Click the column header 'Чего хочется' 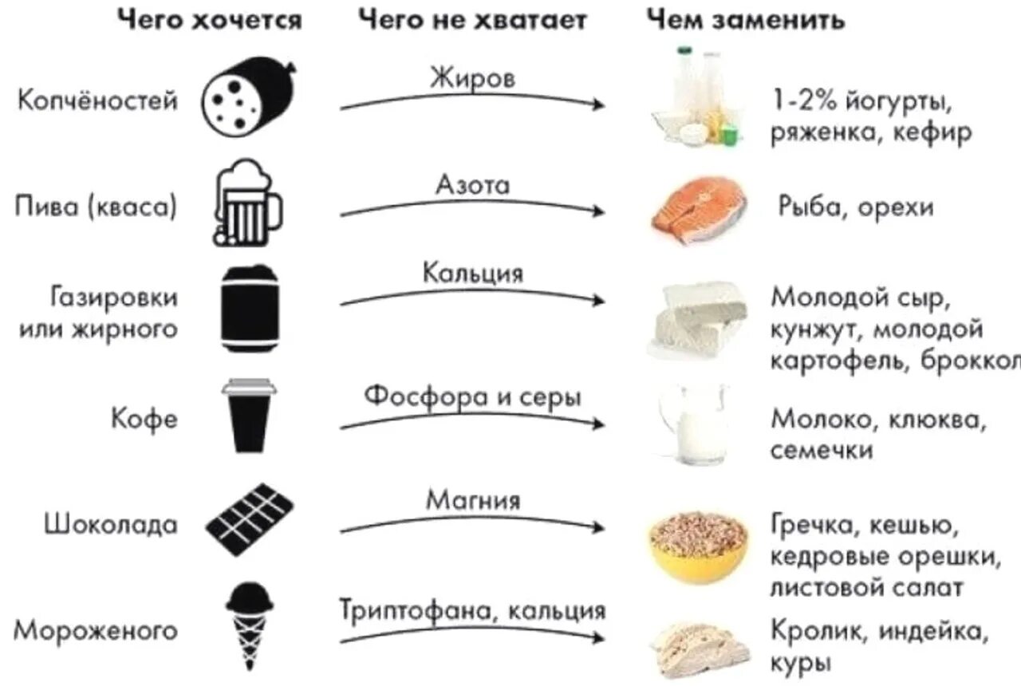(x=209, y=19)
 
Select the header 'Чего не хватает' (x=473, y=19)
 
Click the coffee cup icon (x=249, y=416)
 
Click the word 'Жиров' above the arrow (x=472, y=79)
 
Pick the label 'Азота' (x=472, y=185)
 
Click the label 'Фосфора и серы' (x=472, y=396)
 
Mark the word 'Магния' (x=472, y=501)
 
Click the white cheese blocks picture (x=697, y=319)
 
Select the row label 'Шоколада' (x=110, y=525)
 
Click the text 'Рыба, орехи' (x=855, y=207)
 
